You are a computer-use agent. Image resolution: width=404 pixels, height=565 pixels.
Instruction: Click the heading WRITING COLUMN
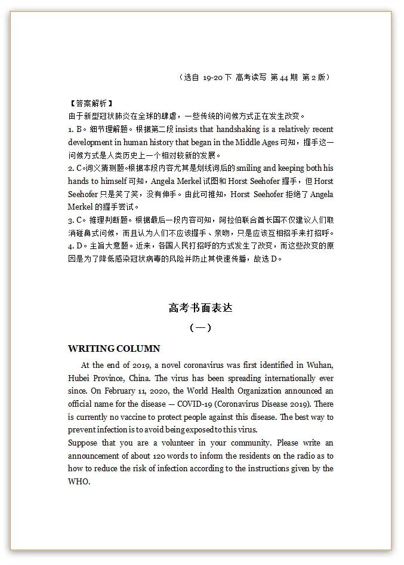[x=114, y=349]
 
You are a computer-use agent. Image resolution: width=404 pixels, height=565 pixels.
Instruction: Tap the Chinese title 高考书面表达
[x=200, y=308]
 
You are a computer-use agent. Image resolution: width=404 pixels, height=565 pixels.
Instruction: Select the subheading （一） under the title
[x=200, y=328]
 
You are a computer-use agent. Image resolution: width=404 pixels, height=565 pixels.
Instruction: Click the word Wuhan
[x=320, y=365]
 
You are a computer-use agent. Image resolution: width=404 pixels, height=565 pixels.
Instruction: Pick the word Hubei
[x=79, y=378]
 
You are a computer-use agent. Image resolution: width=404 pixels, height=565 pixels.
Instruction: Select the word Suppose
[x=83, y=443]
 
